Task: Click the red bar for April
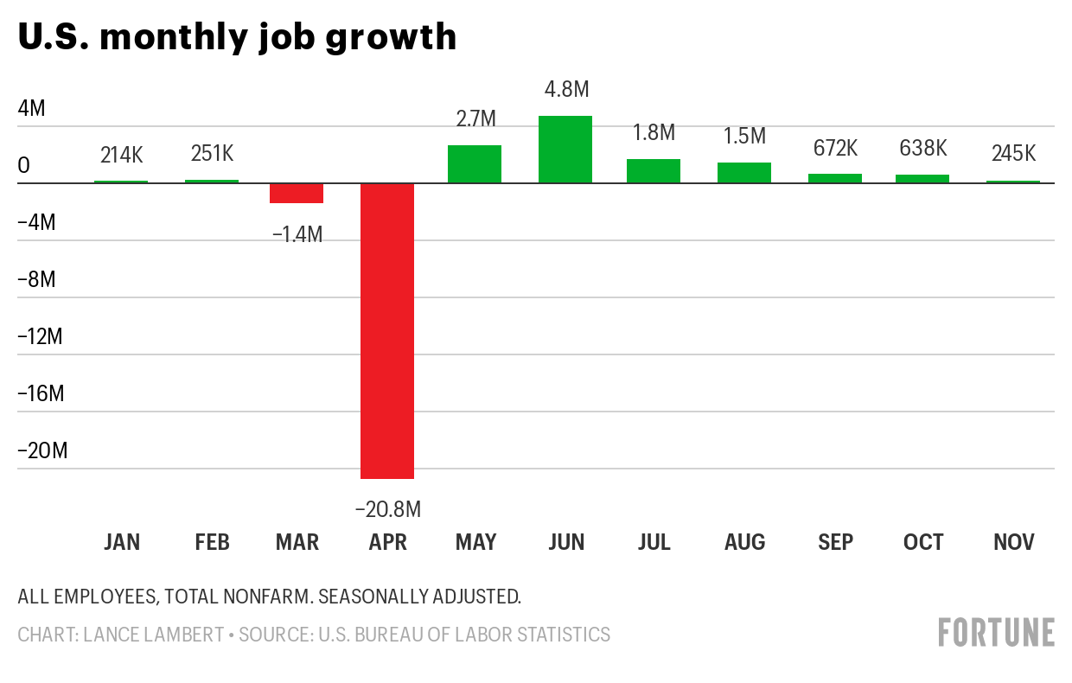tap(387, 330)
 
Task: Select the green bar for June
tap(565, 150)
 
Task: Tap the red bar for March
tap(297, 193)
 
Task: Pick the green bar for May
tap(475, 164)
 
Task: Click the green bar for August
tap(744, 173)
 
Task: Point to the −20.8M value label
tap(388, 509)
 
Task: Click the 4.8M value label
tap(566, 89)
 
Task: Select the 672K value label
tap(835, 148)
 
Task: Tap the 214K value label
tap(121, 155)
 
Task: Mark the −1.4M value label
tap(297, 233)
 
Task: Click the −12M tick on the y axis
tap(41, 336)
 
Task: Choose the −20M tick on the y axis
tap(41, 450)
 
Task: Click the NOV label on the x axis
tap(1013, 542)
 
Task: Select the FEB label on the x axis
tap(212, 542)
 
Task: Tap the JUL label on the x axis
tap(654, 542)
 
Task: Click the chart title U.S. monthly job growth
tap(237, 36)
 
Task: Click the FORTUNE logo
tap(996, 632)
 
